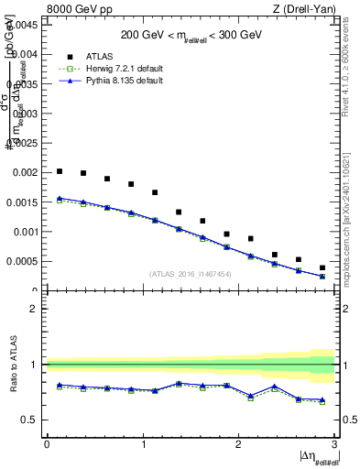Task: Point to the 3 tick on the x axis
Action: pos(335,444)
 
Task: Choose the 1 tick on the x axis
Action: pos(143,444)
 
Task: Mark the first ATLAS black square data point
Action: pos(60,171)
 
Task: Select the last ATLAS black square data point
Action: pos(322,267)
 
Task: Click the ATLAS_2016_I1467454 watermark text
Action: pos(191,274)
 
